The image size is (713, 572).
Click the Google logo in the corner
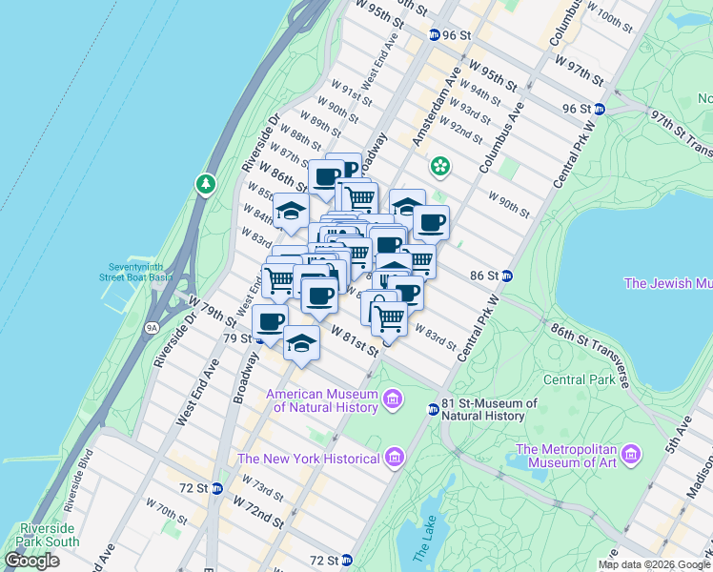32,561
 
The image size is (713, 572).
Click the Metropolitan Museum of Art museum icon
631,457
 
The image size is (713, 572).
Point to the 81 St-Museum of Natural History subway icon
433,409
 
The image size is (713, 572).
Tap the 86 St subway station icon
508,276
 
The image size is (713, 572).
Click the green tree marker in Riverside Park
204,182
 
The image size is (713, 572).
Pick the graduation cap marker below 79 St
301,342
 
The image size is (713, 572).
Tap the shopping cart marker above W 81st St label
389,318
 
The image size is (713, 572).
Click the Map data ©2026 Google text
653,564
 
